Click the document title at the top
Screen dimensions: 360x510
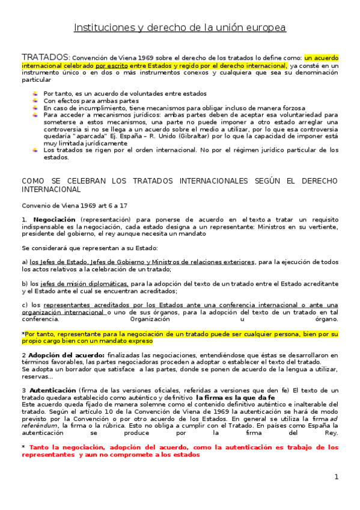click(x=180, y=28)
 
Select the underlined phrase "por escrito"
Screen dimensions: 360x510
click(x=108, y=65)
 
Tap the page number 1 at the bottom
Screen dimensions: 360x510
click(x=337, y=476)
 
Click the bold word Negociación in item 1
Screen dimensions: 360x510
click(x=54, y=220)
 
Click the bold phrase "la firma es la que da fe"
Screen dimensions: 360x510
click(x=236, y=398)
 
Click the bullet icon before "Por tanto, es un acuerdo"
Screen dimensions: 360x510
click(x=35, y=94)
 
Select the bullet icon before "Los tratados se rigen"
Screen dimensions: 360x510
click(x=35, y=150)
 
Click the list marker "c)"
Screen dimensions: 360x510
click(x=25, y=306)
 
